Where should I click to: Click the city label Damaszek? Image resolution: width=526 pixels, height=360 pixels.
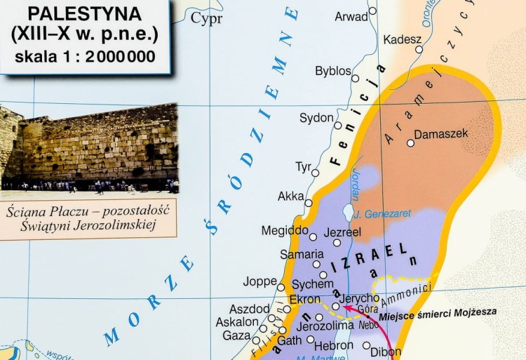coord(441,133)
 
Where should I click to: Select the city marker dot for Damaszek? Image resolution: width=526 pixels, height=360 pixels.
coord(410,142)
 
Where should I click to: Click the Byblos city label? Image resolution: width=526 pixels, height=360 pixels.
coord(333,72)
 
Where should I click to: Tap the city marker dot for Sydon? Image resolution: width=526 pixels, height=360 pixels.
coord(337,126)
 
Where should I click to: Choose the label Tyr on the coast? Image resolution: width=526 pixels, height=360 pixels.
coord(303,167)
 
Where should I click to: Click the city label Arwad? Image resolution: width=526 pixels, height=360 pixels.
coord(351,16)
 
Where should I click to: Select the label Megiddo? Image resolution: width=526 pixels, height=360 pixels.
coord(284,230)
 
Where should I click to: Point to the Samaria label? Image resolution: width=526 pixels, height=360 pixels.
coord(302,254)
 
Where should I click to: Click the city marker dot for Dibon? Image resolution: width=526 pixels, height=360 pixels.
coord(367,345)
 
